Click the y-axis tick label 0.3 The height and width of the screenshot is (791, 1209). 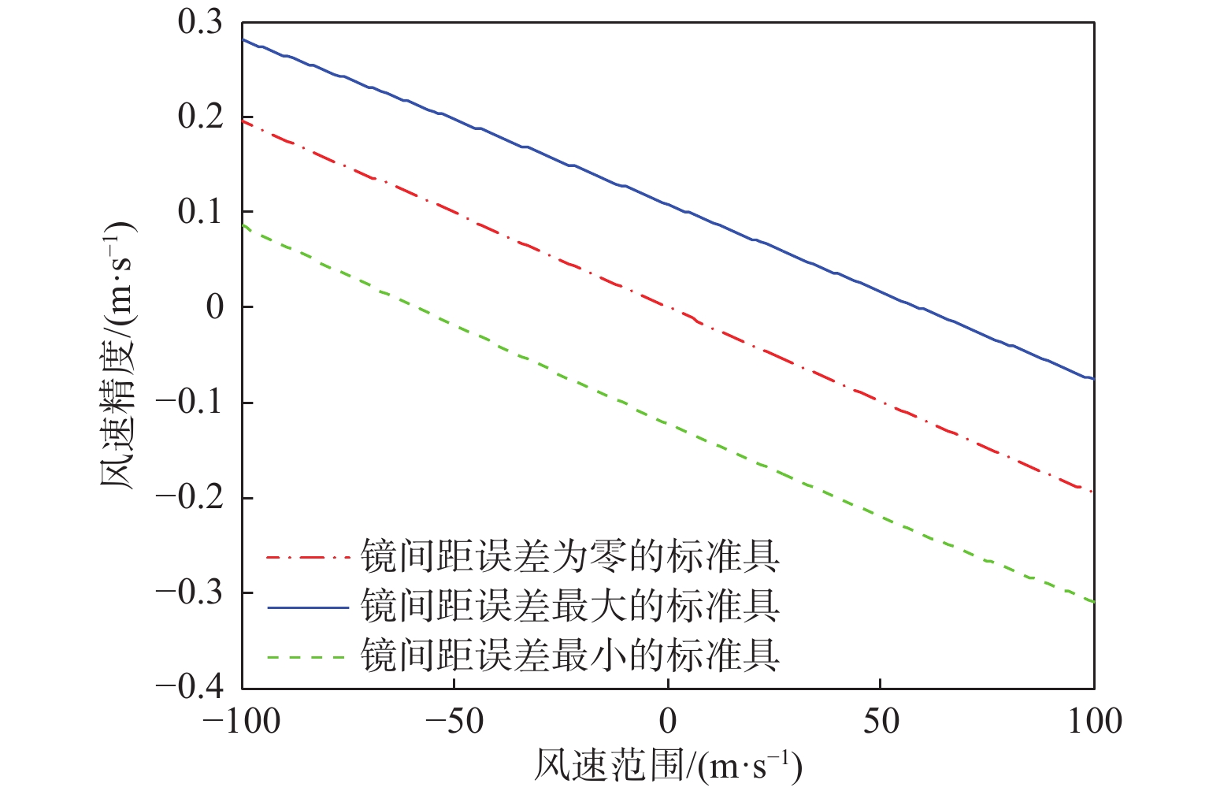(x=200, y=23)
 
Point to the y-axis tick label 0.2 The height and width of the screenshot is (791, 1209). (x=200, y=117)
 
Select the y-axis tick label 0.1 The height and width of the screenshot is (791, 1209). (x=200, y=212)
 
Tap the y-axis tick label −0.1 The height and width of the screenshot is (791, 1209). (x=189, y=403)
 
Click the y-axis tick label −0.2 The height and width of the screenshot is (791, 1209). (x=189, y=498)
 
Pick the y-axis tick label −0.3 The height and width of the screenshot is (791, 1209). (x=189, y=592)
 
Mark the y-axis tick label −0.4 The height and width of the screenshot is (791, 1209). (x=189, y=687)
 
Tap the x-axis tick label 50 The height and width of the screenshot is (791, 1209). (x=881, y=721)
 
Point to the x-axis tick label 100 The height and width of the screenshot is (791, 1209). (x=1094, y=721)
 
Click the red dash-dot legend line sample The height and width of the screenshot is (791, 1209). (x=307, y=559)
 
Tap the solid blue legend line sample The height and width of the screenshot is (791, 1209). (x=307, y=607)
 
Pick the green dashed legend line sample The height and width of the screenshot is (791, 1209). (x=307, y=656)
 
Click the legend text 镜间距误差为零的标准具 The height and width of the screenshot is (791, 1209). (x=570, y=557)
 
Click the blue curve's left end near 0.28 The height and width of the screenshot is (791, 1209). (x=244, y=39)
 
